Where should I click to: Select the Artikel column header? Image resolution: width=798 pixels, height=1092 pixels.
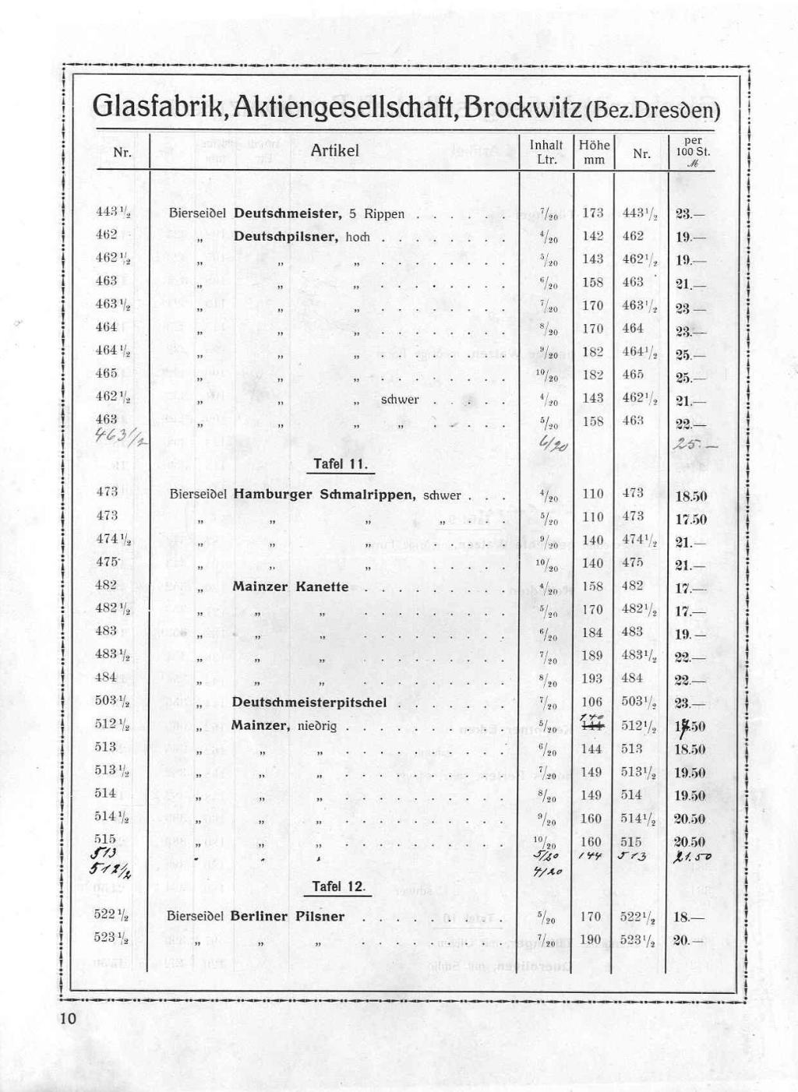pos(334,150)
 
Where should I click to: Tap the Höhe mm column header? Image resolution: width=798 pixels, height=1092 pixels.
pos(594,152)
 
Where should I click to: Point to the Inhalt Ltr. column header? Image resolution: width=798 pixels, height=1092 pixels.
pos(546,152)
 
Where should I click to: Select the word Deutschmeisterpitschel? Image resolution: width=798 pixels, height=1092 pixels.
pos(309,702)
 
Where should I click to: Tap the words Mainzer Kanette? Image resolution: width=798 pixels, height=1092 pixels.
pos(290,587)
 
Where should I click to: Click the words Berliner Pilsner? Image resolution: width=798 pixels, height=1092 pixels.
pos(287,916)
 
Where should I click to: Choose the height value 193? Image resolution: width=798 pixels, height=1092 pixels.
pos(591,678)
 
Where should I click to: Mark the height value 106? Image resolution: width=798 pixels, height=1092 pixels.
pos(592,702)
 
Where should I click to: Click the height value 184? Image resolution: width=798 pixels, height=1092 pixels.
pos(592,632)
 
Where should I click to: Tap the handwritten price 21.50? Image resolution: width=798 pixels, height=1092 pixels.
pos(689,856)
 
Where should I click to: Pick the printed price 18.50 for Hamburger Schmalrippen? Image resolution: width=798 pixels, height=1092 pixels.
pos(690,496)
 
